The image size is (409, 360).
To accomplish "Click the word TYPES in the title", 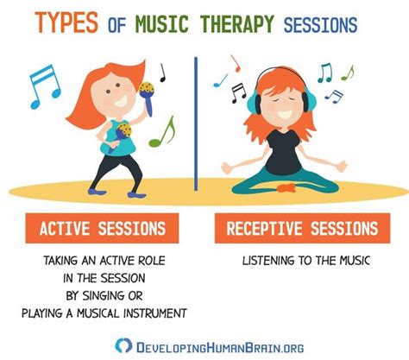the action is pyautogui.click(x=66, y=22).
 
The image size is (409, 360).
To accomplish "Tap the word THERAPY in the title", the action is pyautogui.click(x=237, y=23).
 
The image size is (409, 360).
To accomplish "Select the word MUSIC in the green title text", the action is pyautogui.click(x=162, y=23).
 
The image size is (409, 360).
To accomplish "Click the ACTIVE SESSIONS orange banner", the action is pyautogui.click(x=102, y=228).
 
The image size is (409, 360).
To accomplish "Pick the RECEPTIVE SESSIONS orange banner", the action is pyautogui.click(x=302, y=228).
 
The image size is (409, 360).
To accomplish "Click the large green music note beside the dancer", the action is pyautogui.click(x=162, y=132).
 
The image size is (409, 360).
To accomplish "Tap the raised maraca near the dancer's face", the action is pyautogui.click(x=148, y=98).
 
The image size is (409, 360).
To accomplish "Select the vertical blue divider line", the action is pyautogui.click(x=196, y=123).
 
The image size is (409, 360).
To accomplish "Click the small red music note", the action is pyautogui.click(x=236, y=63).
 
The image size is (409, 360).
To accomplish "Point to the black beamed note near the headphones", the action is pyautogui.click(x=239, y=92).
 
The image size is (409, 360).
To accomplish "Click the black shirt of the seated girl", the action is pyautogui.click(x=283, y=153).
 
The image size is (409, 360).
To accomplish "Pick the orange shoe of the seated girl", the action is pyautogui.click(x=286, y=187).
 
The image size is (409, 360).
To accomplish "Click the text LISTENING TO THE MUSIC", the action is pyautogui.click(x=305, y=261).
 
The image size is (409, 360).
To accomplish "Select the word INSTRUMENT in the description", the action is pyautogui.click(x=155, y=313).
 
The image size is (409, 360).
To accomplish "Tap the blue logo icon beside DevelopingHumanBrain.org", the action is pyautogui.click(x=123, y=345).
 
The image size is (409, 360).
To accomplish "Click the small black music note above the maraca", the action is pyautogui.click(x=163, y=73).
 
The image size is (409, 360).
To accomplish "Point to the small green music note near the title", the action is pyautogui.click(x=348, y=73).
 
